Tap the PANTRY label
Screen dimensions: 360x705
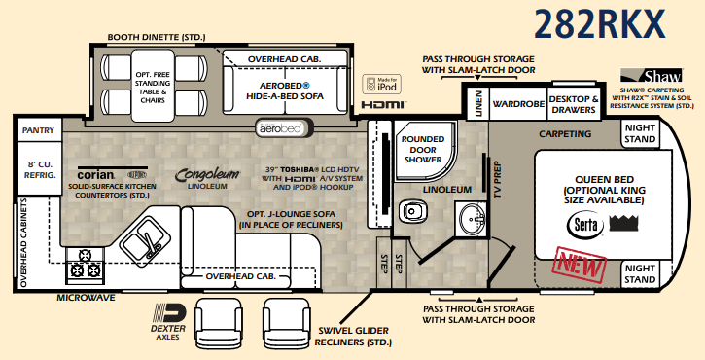click(38, 128)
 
